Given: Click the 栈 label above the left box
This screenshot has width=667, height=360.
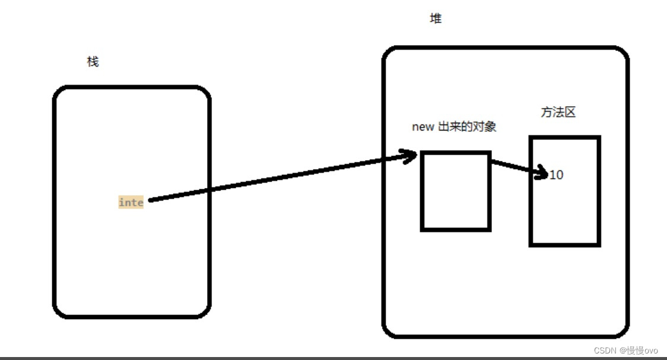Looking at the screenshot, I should pyautogui.click(x=93, y=62).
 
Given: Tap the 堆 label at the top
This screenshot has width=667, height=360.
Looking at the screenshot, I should pyautogui.click(x=436, y=18).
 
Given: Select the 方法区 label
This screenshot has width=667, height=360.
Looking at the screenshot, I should pyautogui.click(x=558, y=112).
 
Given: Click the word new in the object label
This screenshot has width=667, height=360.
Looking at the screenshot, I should pyautogui.click(x=423, y=127).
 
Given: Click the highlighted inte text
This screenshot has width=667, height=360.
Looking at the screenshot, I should pyautogui.click(x=131, y=202).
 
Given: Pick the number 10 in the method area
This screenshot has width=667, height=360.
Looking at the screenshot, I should pyautogui.click(x=557, y=175).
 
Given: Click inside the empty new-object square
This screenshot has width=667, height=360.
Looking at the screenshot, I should pyautogui.click(x=456, y=191).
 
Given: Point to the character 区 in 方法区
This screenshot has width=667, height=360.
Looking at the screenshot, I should pyautogui.click(x=570, y=112).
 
